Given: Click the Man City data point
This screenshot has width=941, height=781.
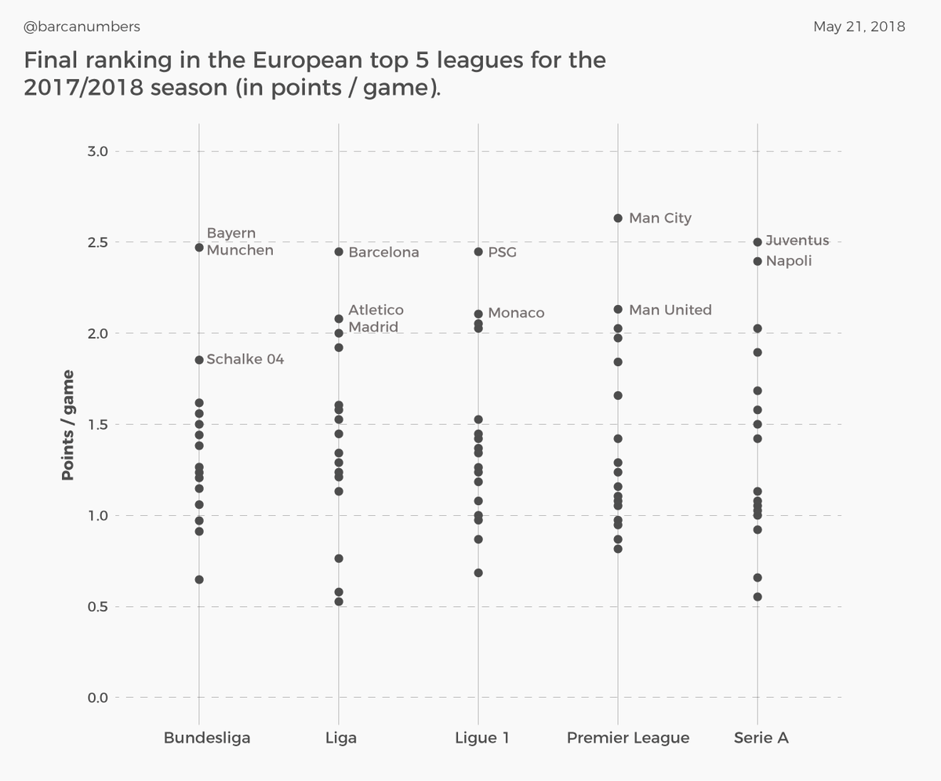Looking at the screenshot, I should click(618, 218).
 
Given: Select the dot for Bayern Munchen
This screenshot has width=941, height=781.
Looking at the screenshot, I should click(199, 248).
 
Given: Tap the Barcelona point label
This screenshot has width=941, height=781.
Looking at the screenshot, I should click(383, 252).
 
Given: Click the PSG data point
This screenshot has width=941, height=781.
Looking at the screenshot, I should click(478, 252).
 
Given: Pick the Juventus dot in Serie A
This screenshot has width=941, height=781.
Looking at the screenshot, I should click(758, 242).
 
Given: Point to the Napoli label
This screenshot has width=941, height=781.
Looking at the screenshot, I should click(788, 261).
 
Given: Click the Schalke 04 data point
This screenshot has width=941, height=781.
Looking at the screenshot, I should click(199, 360).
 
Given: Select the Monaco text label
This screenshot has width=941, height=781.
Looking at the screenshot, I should click(515, 313).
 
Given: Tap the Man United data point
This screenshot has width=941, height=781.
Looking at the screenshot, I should click(618, 310).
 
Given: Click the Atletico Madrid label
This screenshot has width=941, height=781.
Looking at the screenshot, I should click(376, 318).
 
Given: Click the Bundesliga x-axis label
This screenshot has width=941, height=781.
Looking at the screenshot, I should click(207, 738).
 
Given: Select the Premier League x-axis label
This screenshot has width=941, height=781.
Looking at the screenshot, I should click(628, 738).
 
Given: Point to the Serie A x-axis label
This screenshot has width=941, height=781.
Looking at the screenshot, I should click(761, 738).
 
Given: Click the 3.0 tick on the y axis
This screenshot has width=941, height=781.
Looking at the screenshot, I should click(97, 151).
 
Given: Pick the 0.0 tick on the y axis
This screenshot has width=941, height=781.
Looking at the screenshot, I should click(97, 698).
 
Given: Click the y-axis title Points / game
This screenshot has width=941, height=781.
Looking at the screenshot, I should click(68, 424).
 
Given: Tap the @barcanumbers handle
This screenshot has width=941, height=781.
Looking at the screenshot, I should click(82, 27).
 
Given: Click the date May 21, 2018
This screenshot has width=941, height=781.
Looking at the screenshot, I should click(859, 27).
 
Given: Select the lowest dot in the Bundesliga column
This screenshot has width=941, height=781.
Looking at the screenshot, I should click(199, 579).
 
